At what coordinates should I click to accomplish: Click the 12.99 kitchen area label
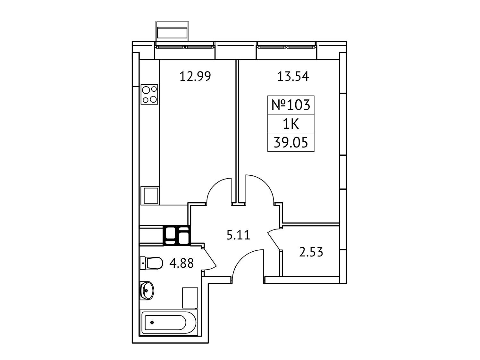pos(195,77)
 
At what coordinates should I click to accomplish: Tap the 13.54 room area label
pos(293,77)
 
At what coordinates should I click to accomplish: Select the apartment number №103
pos(291,105)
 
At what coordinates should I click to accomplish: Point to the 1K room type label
pos(291,124)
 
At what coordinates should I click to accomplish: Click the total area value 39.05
pos(291,142)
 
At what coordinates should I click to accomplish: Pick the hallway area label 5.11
pos(238,235)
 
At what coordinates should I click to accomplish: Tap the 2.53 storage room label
pos(311,252)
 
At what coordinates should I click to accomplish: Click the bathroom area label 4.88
pos(181,263)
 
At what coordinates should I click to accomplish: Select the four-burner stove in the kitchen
pos(149,95)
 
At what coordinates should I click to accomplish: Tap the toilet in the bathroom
pos(151,263)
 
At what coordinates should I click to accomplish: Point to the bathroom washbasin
pos(147,290)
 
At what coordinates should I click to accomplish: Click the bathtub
pos(169,322)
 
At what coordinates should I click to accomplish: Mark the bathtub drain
pos(152,322)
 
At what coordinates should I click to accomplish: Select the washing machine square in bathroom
pos(190,298)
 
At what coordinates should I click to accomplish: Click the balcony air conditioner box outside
pos(172,31)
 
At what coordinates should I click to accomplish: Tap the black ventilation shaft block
pos(177,235)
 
